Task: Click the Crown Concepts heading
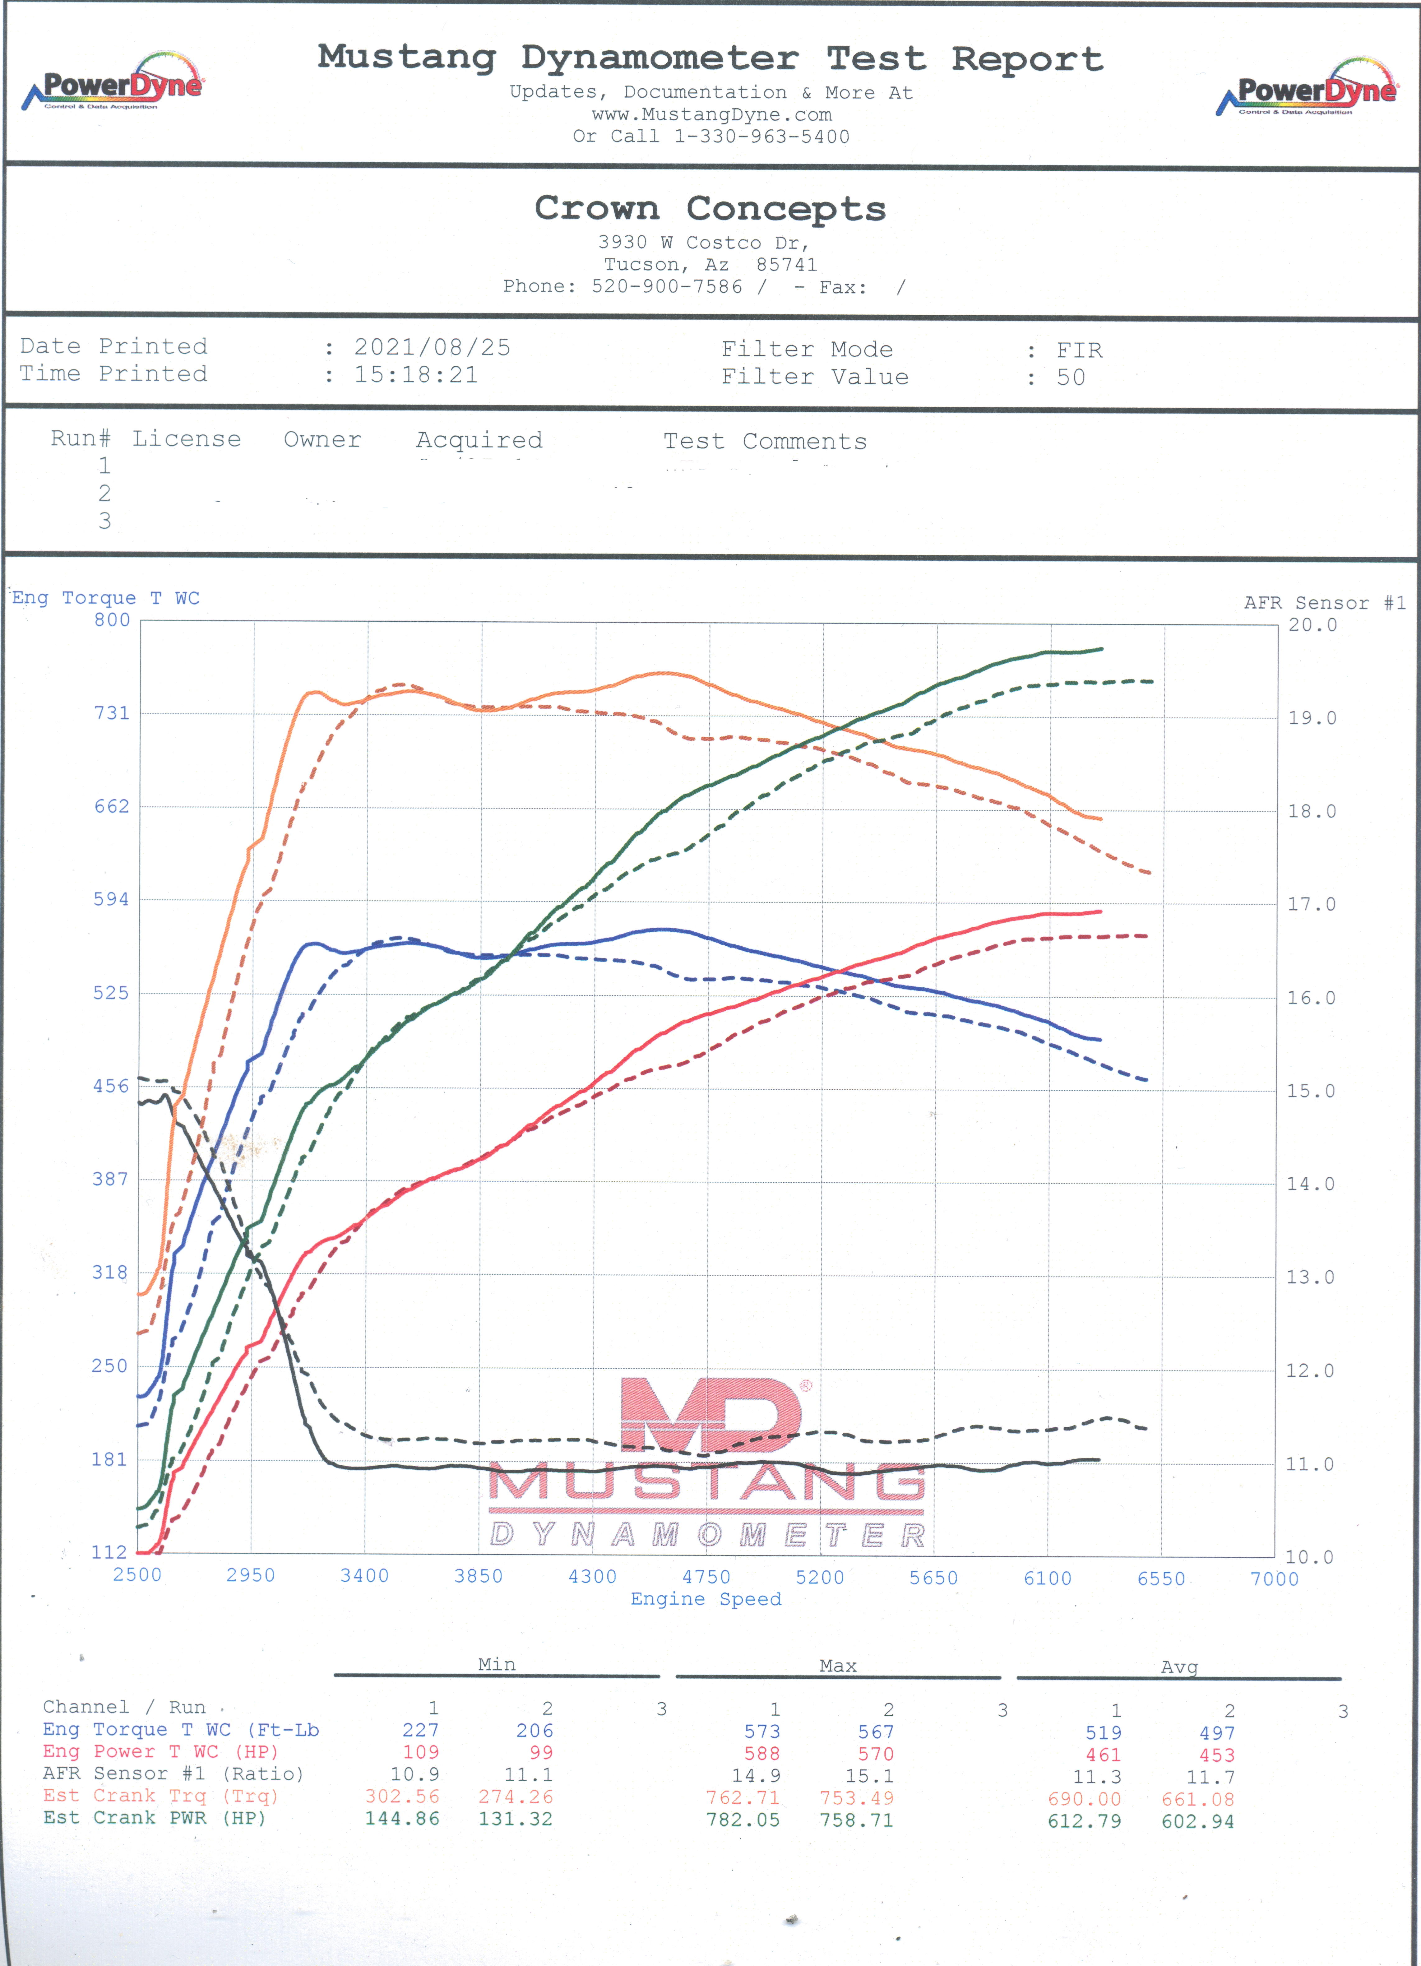(710, 209)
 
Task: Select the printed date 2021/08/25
(432, 348)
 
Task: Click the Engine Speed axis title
(706, 1599)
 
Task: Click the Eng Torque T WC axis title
(106, 598)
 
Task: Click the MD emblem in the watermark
(711, 1415)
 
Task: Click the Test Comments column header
(765, 441)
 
